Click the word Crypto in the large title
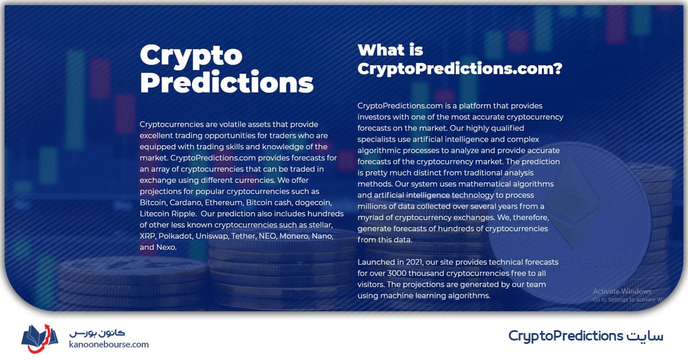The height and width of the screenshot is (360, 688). (x=191, y=56)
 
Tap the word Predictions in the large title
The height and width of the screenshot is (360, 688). (x=226, y=82)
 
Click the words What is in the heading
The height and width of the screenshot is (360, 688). (x=390, y=50)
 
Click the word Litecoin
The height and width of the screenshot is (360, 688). (x=154, y=214)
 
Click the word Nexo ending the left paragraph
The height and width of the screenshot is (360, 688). (x=166, y=247)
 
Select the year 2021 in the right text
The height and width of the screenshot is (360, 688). (x=415, y=263)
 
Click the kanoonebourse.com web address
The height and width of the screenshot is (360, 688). (x=109, y=345)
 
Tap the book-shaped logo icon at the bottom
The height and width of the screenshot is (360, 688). (x=40, y=338)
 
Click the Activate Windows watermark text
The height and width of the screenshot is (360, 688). (x=622, y=291)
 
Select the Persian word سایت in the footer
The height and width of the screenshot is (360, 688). (x=644, y=336)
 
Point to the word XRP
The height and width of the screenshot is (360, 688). (x=147, y=236)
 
